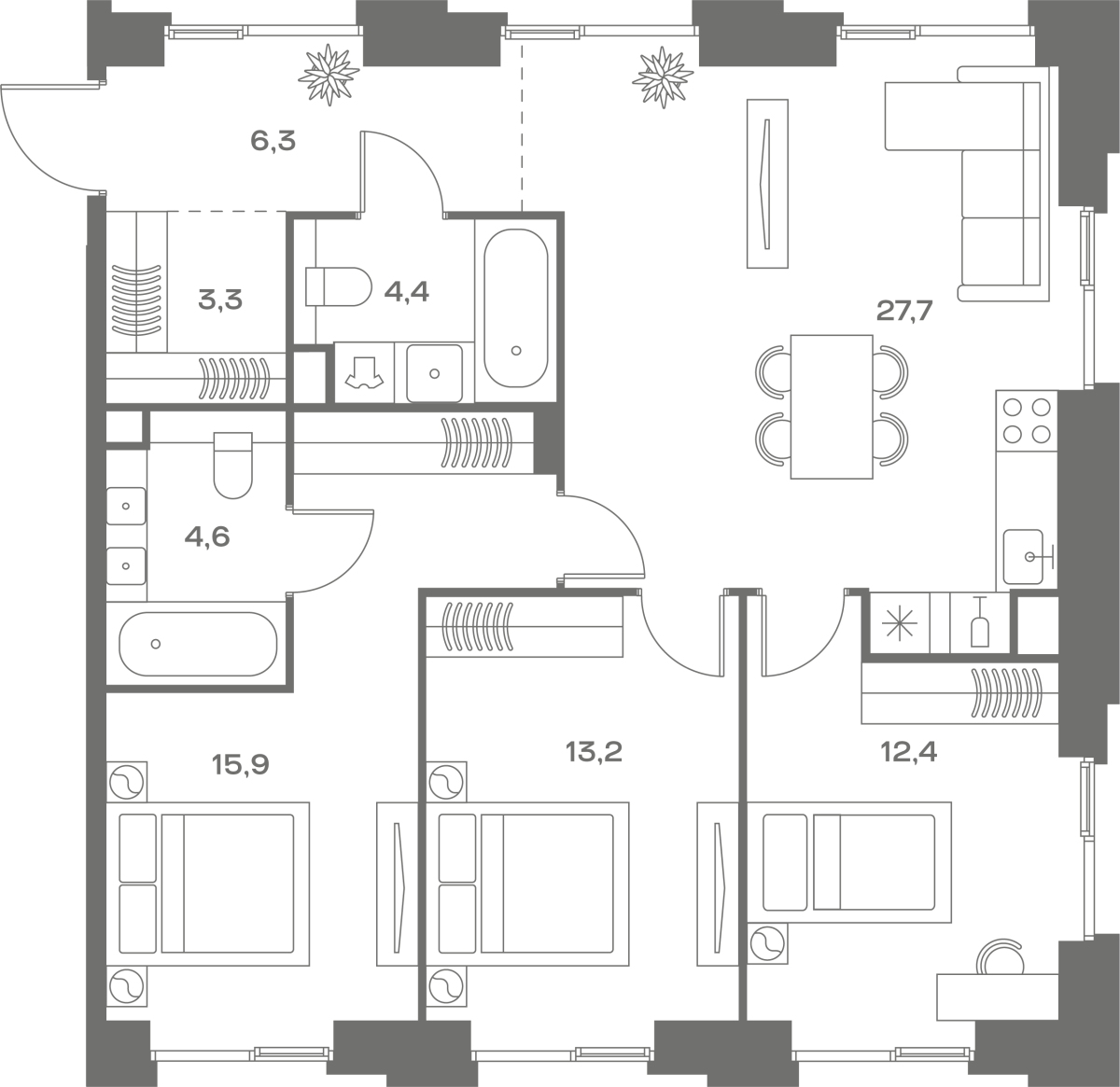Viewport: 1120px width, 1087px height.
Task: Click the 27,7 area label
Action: [x=903, y=313]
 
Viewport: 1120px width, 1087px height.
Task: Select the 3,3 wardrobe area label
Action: [x=220, y=300]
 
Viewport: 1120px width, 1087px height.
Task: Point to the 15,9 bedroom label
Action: [x=241, y=765]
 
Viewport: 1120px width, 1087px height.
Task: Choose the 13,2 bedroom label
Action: [x=594, y=752]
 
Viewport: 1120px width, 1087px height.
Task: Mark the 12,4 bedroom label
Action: [x=909, y=751]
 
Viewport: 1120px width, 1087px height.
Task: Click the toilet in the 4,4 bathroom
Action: [x=339, y=286]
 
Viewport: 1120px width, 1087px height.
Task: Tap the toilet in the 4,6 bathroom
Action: [x=233, y=465]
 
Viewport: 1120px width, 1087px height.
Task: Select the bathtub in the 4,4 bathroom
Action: [x=516, y=309]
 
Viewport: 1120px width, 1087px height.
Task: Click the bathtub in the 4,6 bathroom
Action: [x=198, y=644]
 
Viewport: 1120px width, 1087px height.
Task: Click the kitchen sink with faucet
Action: [x=1029, y=556]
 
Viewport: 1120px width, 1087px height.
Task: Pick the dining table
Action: [x=832, y=406]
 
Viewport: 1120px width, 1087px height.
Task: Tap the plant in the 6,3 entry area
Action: [x=329, y=75]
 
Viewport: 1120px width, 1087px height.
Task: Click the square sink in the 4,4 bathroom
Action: [x=435, y=373]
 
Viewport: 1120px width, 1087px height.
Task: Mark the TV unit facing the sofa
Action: [x=767, y=184]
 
